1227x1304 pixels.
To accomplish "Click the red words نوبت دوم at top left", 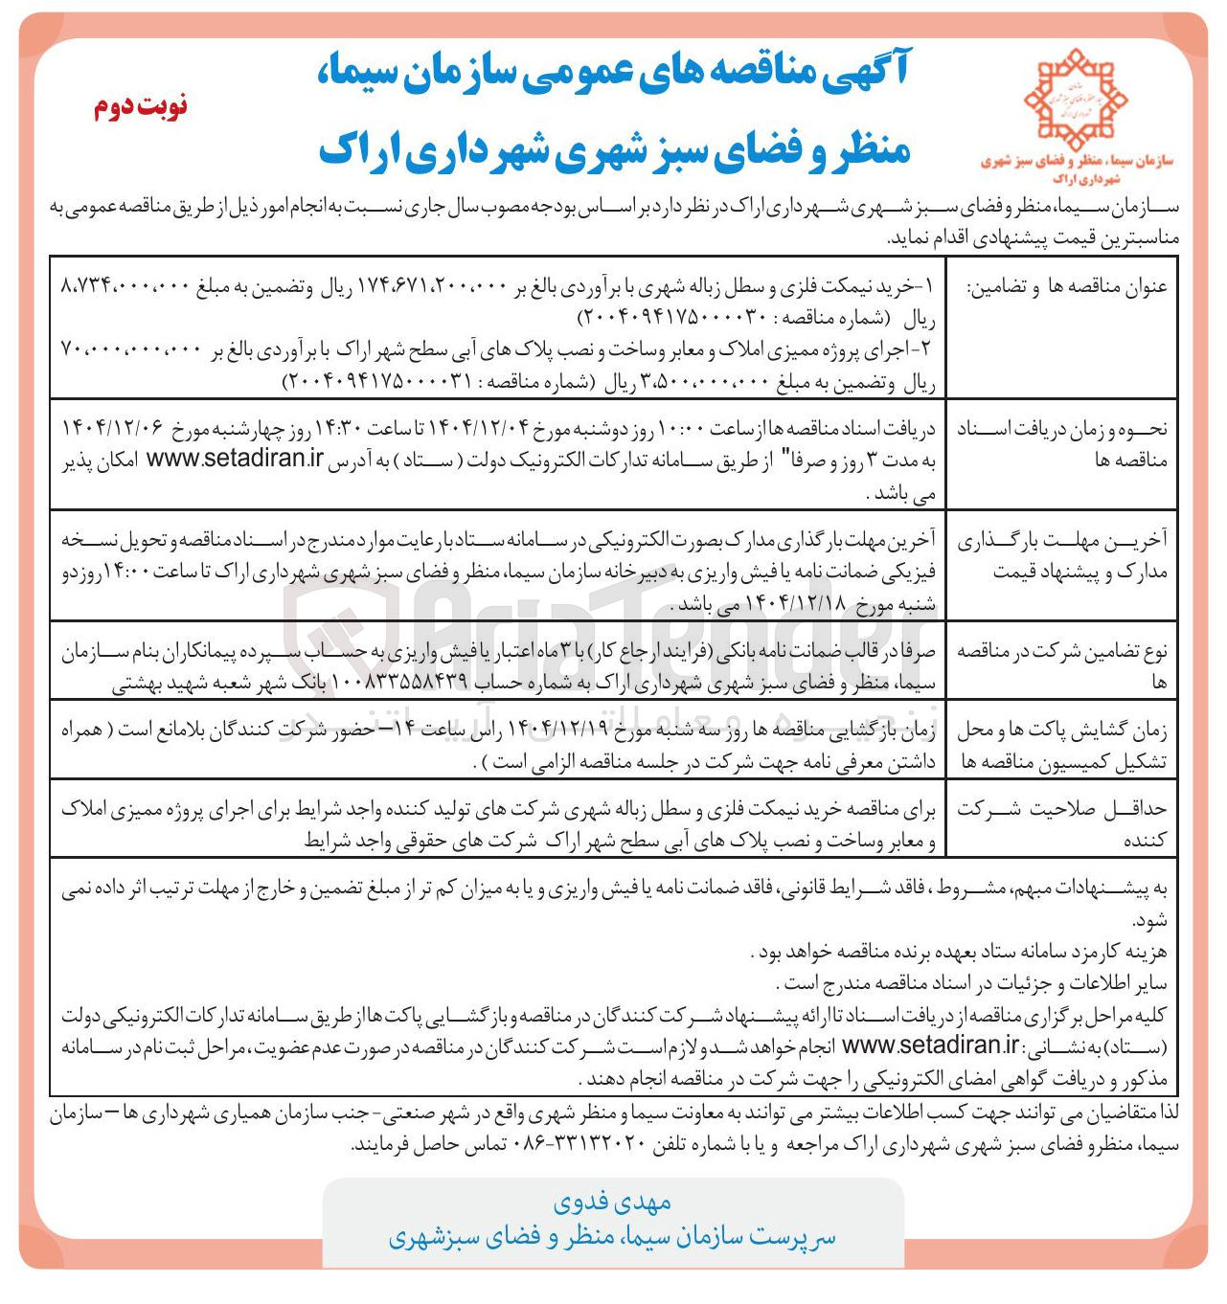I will [141, 105].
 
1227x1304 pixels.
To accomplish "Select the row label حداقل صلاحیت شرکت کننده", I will [1062, 824].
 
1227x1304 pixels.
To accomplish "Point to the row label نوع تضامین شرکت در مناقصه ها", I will [1062, 665].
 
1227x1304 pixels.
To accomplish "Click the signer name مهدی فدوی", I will [612, 1202].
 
